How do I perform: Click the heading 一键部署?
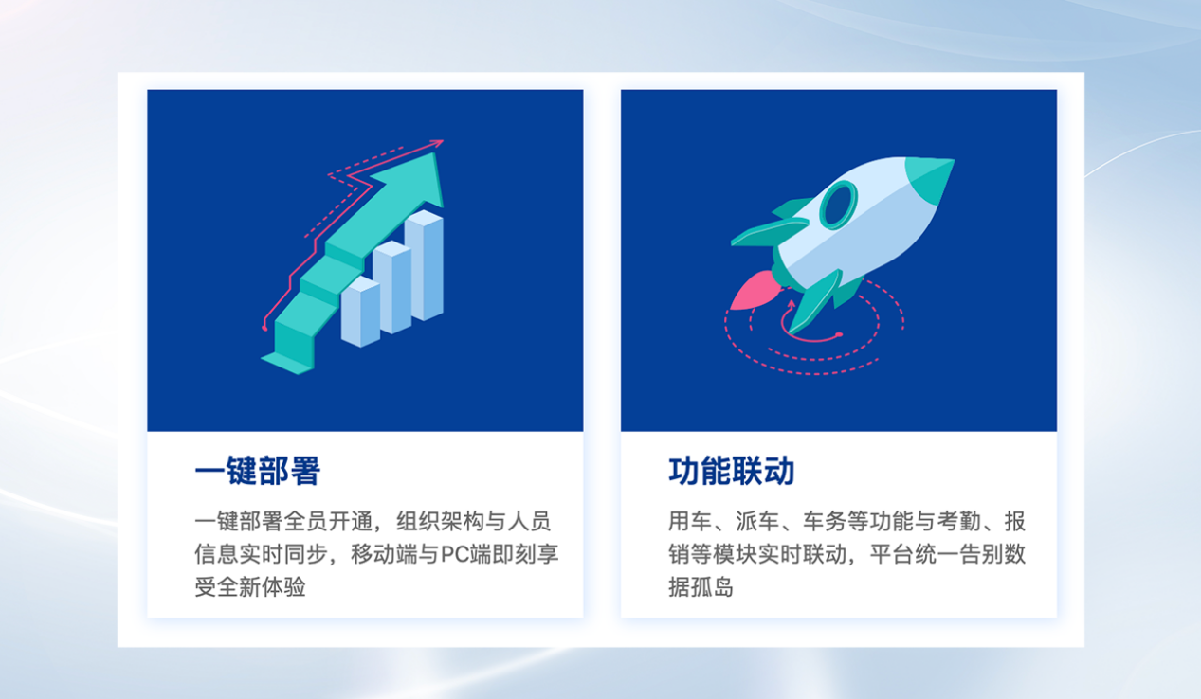coord(258,471)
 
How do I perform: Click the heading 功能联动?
coord(732,471)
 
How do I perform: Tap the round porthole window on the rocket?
coord(838,205)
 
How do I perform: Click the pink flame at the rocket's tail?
coord(756,290)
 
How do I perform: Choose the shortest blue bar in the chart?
coord(360,312)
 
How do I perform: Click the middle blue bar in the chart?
coord(391,287)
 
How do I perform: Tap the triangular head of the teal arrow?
coord(414,179)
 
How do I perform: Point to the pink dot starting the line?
coord(264,328)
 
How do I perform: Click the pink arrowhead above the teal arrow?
coord(436,143)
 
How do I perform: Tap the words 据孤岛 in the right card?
coord(701,586)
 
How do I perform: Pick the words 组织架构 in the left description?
coord(440,521)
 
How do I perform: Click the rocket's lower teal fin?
coord(815,301)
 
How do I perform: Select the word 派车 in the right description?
coord(757,521)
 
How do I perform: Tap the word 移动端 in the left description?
coord(384,554)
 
